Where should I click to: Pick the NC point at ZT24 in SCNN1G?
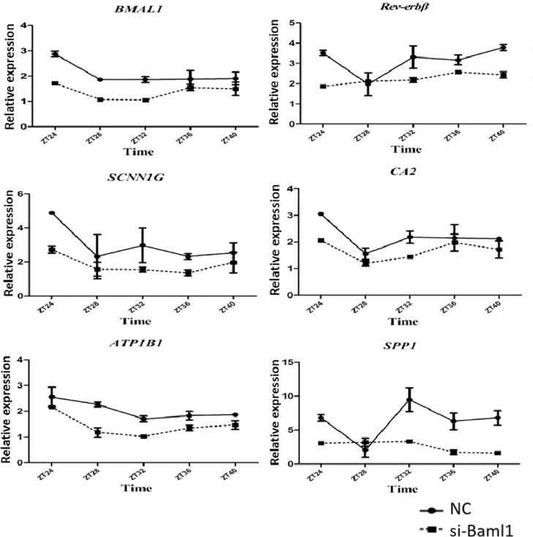tap(52, 213)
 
